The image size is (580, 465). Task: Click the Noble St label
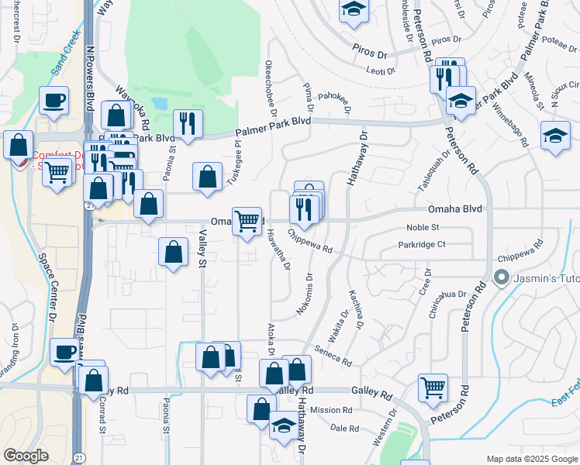[x=423, y=227]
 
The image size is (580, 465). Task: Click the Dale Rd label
[x=344, y=428]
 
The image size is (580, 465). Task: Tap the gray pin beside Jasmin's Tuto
[x=501, y=277]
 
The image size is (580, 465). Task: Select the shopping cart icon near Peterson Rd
[x=433, y=387]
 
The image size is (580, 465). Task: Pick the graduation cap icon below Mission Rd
[x=284, y=425]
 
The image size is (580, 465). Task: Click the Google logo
[x=26, y=456]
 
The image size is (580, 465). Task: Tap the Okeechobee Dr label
[x=271, y=86]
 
